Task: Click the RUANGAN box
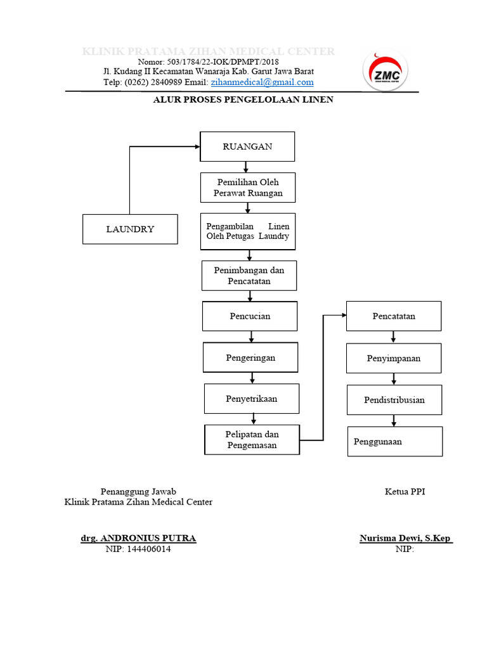tap(247, 146)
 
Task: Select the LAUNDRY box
tap(130, 229)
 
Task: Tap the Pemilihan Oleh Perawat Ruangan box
tap(248, 188)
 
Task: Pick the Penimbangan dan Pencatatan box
tap(249, 275)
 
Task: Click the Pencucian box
tap(250, 316)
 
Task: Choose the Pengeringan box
tap(250, 357)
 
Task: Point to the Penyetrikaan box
tap(252, 399)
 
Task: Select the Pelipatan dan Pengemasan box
tap(252, 440)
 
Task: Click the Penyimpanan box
tap(393, 358)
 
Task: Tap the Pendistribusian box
tap(394, 400)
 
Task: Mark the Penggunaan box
tap(395, 441)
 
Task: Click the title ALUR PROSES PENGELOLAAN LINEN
tap(243, 100)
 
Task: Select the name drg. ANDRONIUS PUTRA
tap(138, 538)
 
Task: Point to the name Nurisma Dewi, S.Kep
tap(405, 538)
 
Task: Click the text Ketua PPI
tap(405, 491)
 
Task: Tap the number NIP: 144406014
tap(138, 549)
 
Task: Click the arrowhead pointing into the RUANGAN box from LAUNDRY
tap(197, 146)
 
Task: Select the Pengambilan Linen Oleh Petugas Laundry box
tap(248, 231)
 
